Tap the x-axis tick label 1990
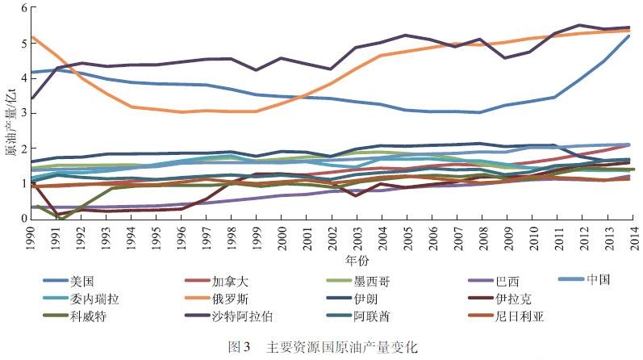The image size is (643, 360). (31, 237)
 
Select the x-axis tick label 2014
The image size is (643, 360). (628, 237)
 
